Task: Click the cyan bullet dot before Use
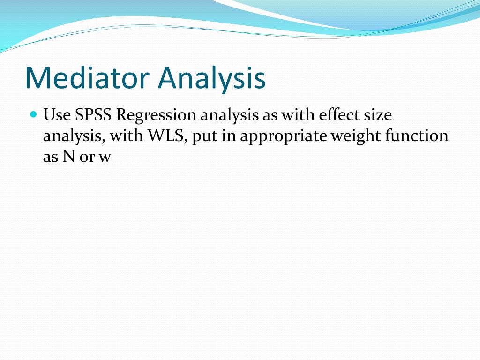point(34,114)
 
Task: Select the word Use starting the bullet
point(57,115)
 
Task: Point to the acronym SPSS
point(93,115)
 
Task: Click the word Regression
point(156,116)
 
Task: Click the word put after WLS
point(204,137)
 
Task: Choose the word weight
point(356,137)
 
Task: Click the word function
point(417,136)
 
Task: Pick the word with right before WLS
point(126,136)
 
